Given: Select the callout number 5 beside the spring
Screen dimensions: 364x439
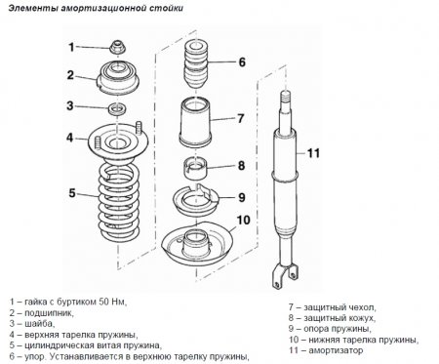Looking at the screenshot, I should click(x=71, y=193).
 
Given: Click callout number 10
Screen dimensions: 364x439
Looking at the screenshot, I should click(x=243, y=220).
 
